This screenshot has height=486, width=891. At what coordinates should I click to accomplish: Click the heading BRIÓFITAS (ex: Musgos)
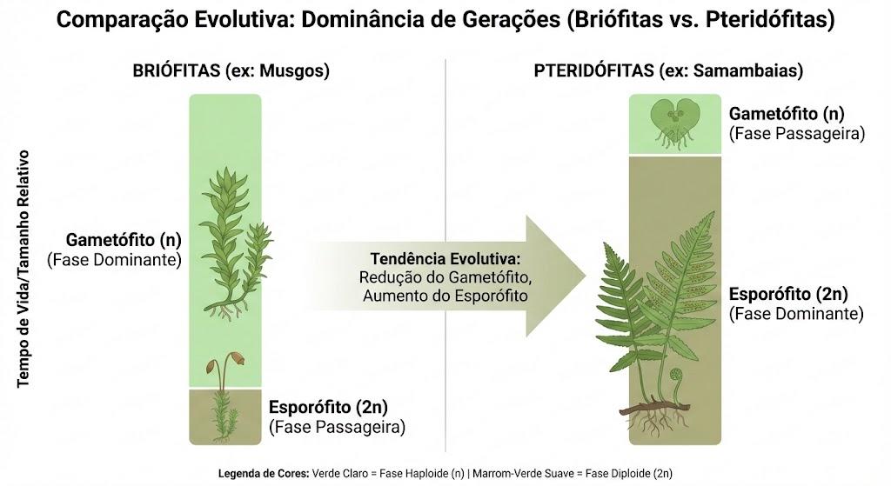pyautogui.click(x=231, y=70)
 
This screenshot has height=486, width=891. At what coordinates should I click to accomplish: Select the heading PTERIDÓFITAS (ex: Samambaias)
pyautogui.click(x=668, y=70)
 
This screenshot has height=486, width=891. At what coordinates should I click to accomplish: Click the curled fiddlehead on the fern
pyautogui.click(x=676, y=377)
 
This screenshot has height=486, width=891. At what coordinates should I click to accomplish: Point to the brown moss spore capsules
pyautogui.click(x=225, y=361)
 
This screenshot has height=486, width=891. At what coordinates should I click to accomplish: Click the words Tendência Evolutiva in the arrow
pyautogui.click(x=445, y=259)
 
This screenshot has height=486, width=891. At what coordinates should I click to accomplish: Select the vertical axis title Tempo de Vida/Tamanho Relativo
pyautogui.click(x=23, y=269)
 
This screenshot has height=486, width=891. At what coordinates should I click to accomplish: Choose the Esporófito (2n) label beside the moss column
pyautogui.click(x=328, y=407)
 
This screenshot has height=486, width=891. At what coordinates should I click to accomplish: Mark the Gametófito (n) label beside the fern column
pyautogui.click(x=787, y=114)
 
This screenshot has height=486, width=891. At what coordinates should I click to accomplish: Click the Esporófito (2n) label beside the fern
pyautogui.click(x=788, y=294)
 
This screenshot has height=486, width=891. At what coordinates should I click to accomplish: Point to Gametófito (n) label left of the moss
pyautogui.click(x=124, y=240)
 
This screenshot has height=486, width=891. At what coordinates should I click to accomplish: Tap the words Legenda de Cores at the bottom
pyautogui.click(x=264, y=474)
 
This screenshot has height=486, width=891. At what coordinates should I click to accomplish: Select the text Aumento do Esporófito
pyautogui.click(x=445, y=296)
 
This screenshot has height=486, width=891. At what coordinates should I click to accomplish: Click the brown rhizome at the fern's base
pyautogui.click(x=654, y=408)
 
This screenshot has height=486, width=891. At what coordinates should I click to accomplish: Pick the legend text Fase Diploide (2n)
pyautogui.click(x=629, y=474)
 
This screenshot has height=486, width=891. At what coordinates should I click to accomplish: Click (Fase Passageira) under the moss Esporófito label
pyautogui.click(x=337, y=427)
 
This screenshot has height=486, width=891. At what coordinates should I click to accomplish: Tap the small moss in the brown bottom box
pyautogui.click(x=224, y=416)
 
